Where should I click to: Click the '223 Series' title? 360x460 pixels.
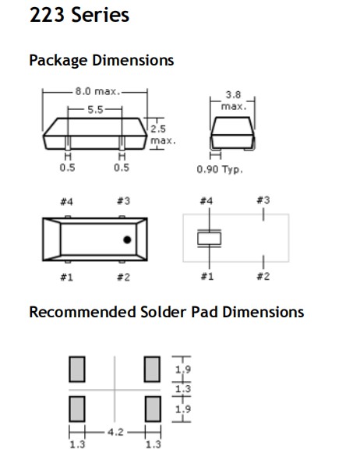[79, 15]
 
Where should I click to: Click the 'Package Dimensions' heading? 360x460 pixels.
[101, 61]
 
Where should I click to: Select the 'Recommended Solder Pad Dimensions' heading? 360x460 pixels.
[167, 312]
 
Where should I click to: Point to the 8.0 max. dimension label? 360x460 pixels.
[97, 91]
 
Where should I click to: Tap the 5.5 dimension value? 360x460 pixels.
[95, 110]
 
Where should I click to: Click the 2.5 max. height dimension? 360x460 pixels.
[163, 135]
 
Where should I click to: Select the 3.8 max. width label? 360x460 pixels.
[234, 101]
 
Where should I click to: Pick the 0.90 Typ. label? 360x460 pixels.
[220, 169]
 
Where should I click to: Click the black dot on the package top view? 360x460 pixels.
[127, 239]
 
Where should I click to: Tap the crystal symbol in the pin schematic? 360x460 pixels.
[209, 239]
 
